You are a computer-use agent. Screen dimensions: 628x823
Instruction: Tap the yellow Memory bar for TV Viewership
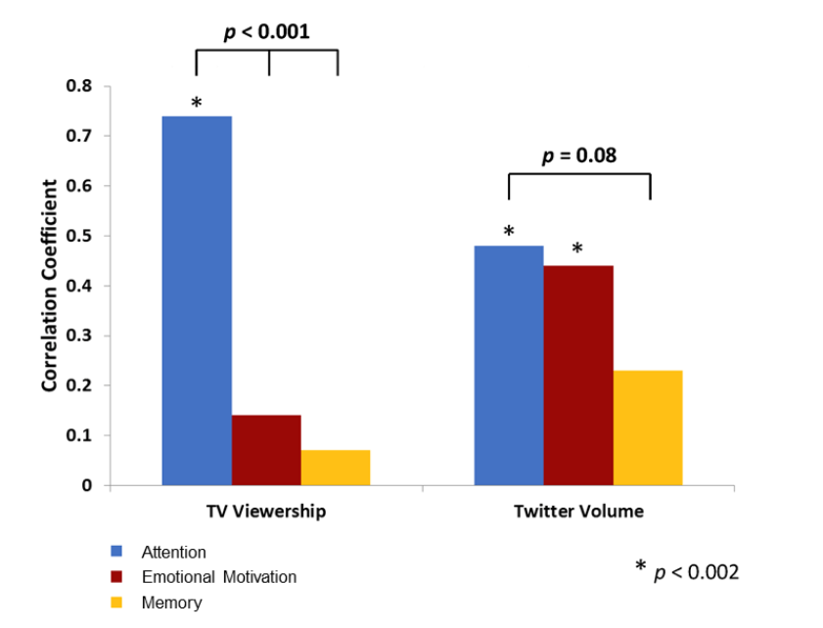click(x=336, y=468)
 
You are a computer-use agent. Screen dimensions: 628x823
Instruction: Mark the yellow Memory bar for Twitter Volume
click(x=648, y=427)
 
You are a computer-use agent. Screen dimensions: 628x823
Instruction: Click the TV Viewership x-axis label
click(x=265, y=512)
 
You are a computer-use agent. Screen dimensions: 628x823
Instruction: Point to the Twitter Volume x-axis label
click(x=578, y=512)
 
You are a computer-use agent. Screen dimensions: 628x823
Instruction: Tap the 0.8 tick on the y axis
click(x=79, y=86)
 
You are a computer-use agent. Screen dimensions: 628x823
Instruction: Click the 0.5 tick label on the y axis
click(x=79, y=236)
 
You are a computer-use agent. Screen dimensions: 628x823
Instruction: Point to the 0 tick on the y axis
click(x=87, y=485)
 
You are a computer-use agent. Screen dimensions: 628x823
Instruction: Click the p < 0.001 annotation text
click(x=266, y=32)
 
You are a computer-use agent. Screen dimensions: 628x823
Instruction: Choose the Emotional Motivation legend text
click(x=218, y=577)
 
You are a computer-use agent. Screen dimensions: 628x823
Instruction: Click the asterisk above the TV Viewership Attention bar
click(x=196, y=103)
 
